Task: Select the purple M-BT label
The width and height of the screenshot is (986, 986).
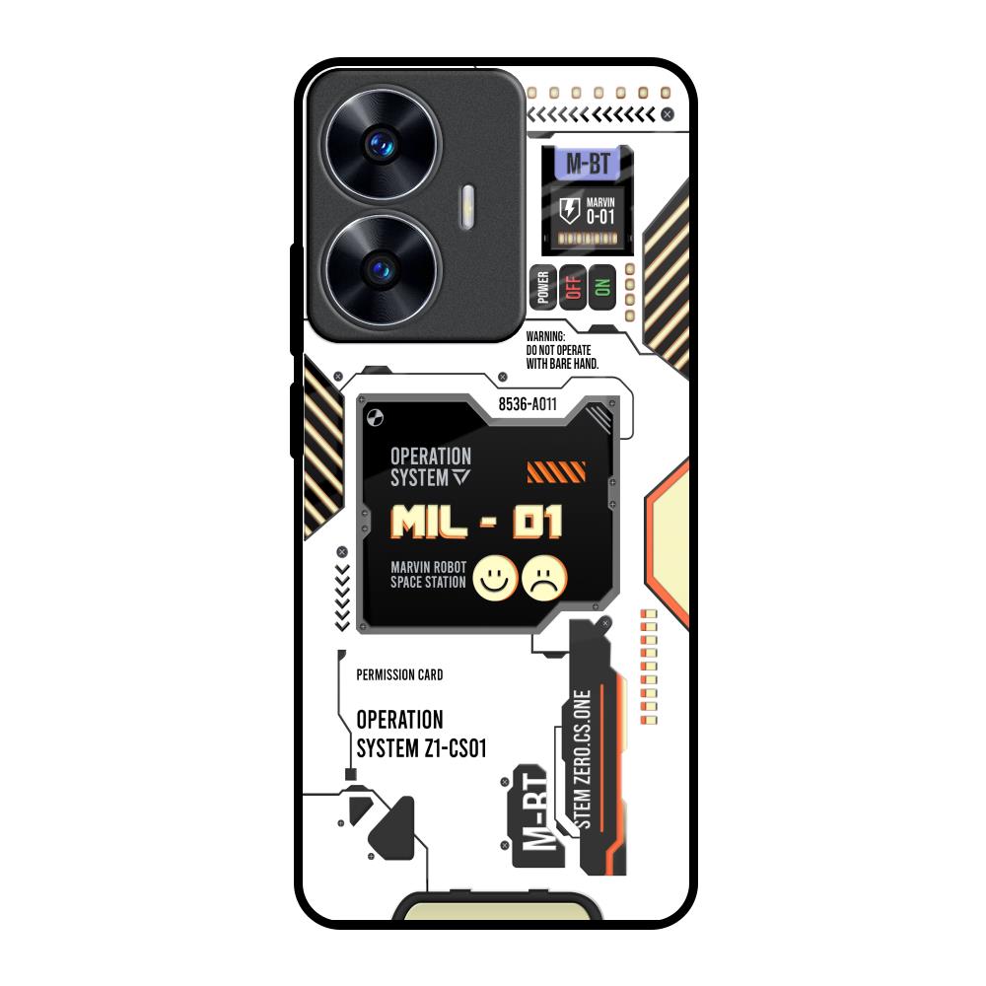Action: coord(585,164)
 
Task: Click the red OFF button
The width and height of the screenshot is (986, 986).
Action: coord(573,287)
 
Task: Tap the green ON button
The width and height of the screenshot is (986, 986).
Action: coord(602,287)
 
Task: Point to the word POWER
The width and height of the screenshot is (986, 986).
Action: coord(542,287)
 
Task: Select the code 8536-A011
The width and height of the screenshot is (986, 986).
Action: coord(528,404)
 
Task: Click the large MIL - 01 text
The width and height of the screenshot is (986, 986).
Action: coord(476,522)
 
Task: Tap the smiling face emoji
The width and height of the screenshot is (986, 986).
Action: coord(495,578)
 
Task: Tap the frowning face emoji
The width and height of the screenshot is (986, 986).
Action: coord(545,578)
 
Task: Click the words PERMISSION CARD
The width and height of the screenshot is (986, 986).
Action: coord(399,675)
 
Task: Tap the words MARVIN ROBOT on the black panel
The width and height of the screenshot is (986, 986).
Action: coord(428,567)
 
